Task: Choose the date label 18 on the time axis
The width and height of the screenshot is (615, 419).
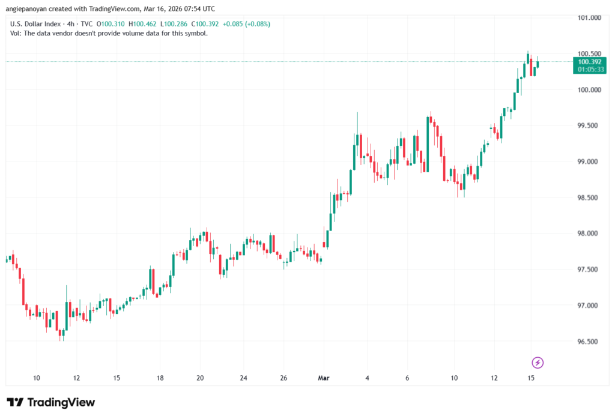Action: [160, 378]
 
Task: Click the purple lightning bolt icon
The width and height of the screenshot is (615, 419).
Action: [538, 362]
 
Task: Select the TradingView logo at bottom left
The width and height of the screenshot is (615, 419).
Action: [51, 402]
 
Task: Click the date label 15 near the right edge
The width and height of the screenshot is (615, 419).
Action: [531, 378]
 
